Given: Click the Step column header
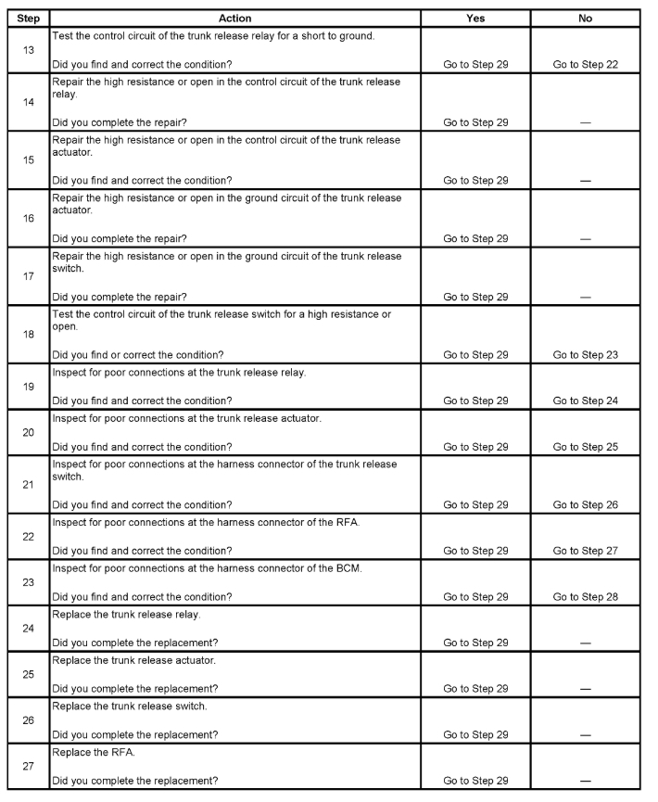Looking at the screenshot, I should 28,18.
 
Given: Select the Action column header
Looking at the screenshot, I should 234,18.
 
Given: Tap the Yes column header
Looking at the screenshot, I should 475,18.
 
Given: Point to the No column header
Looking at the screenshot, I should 585,18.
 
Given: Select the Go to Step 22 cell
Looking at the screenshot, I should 585,65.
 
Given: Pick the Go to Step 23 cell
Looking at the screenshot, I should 585,355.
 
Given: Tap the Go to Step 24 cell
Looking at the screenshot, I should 585,401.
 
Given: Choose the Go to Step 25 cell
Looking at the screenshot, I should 585,447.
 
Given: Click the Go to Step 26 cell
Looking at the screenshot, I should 585,504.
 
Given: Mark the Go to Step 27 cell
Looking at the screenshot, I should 585,551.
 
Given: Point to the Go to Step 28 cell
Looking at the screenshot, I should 585,596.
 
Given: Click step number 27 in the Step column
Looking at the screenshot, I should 28,766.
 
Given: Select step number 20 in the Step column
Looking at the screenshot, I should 28,431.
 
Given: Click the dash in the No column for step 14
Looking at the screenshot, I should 585,123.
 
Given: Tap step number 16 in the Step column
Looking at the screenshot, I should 28,218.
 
